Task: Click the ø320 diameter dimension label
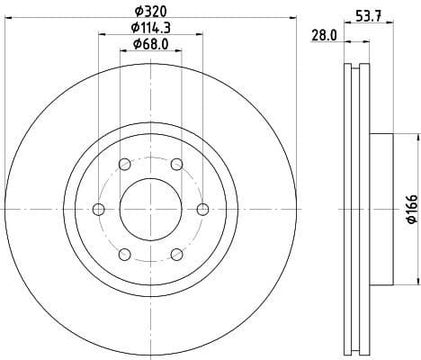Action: pyautogui.click(x=149, y=12)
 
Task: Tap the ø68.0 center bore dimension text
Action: pyautogui.click(x=149, y=44)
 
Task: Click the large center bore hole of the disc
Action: pyautogui.click(x=150, y=209)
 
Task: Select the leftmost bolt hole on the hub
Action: pyautogui.click(x=98, y=209)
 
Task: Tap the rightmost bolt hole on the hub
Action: pyautogui.click(x=202, y=209)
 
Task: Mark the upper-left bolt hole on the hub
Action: pyautogui.click(x=124, y=164)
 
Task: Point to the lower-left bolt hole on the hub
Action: pyautogui.click(x=124, y=254)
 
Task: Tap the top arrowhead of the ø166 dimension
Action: pyautogui.click(x=417, y=136)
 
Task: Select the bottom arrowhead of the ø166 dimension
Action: pyautogui.click(x=417, y=283)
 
